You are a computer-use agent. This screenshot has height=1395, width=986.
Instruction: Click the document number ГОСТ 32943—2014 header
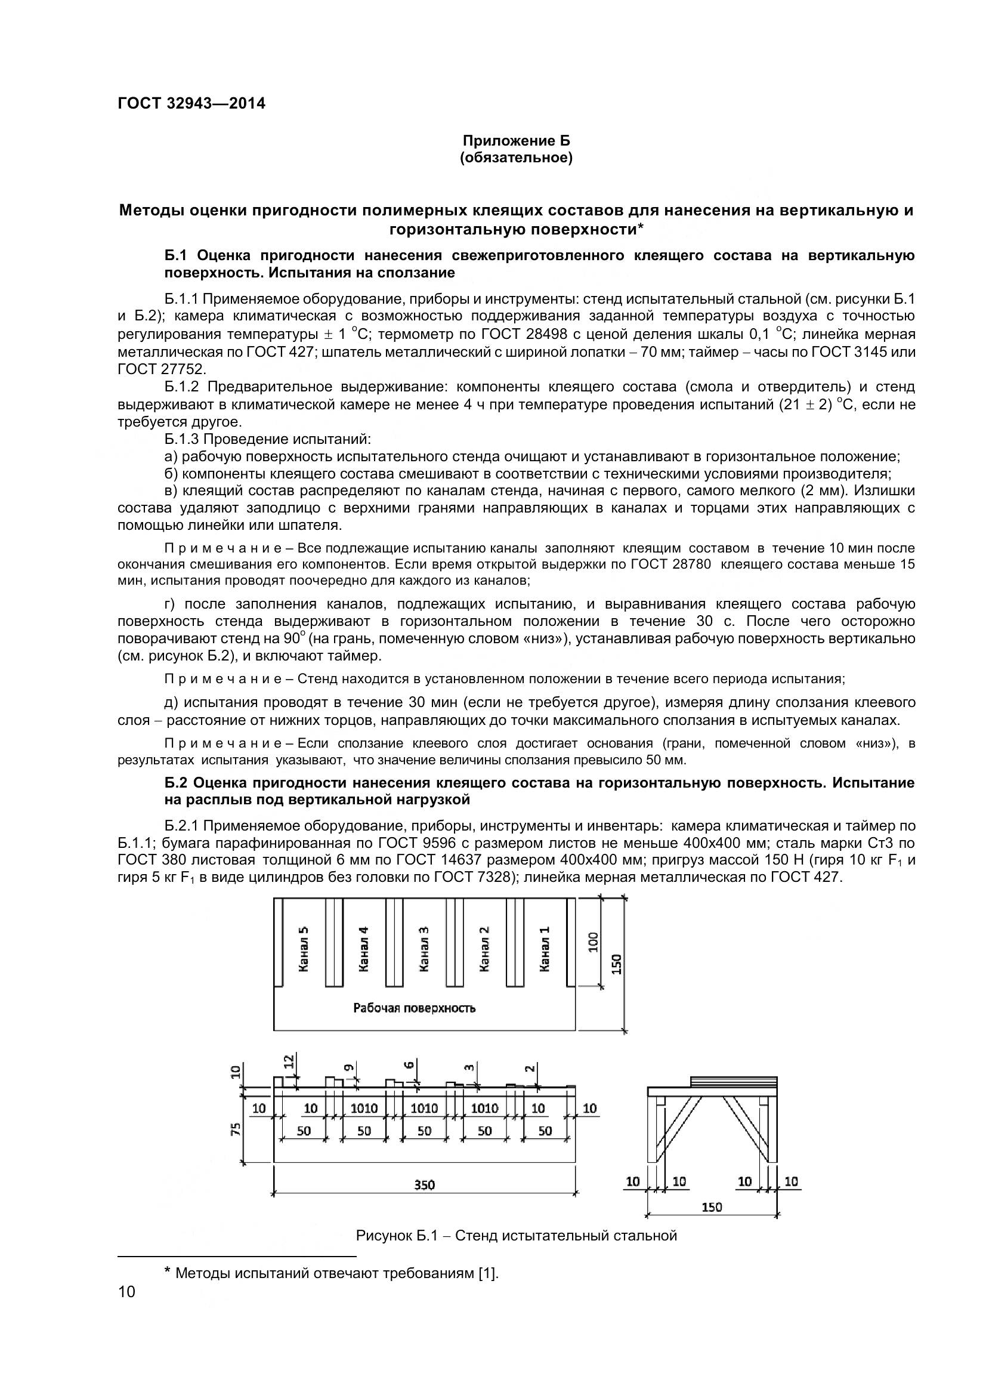click(191, 104)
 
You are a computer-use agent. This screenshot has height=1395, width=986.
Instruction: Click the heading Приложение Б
click(516, 141)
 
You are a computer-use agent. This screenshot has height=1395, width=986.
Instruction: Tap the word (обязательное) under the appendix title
click(516, 158)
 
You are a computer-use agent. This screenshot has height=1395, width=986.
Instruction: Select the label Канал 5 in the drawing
click(304, 949)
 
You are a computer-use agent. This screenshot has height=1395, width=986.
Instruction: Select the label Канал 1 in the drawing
click(545, 949)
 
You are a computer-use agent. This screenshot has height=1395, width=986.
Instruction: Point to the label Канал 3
click(424, 949)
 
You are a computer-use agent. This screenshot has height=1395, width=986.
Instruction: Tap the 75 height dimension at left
click(237, 1129)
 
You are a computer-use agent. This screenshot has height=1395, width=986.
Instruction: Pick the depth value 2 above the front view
click(530, 1067)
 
